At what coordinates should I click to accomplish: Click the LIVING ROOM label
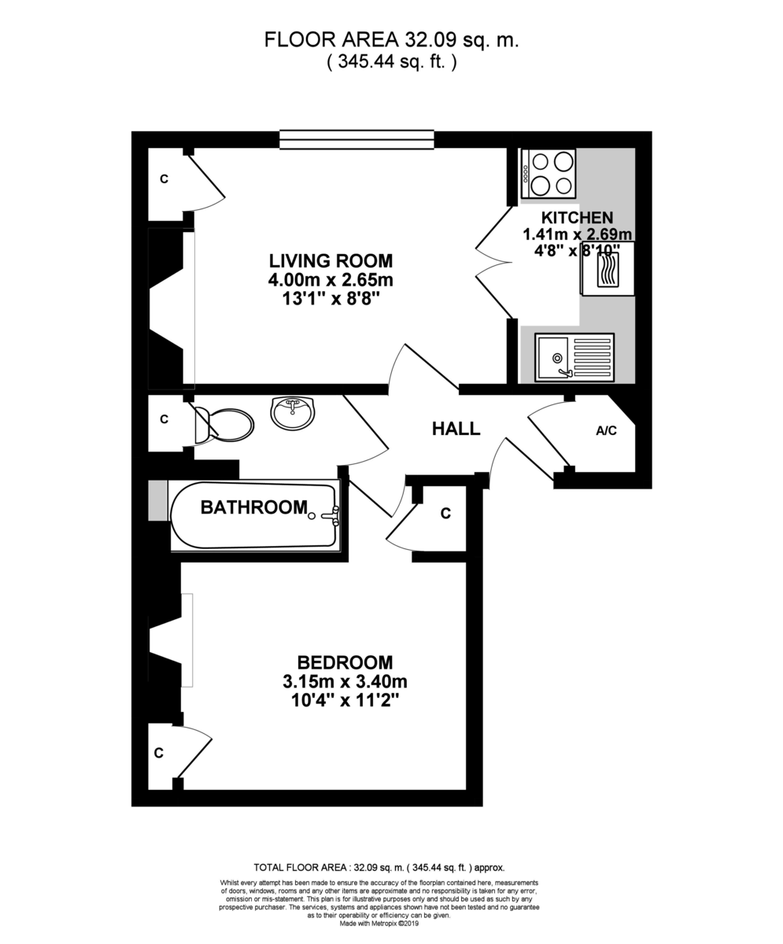pyautogui.click(x=331, y=260)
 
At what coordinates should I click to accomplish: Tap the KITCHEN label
pyautogui.click(x=577, y=217)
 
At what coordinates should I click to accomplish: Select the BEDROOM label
pyautogui.click(x=345, y=662)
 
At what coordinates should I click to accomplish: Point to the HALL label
pyautogui.click(x=456, y=429)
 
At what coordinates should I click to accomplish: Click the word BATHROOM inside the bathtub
pyautogui.click(x=253, y=507)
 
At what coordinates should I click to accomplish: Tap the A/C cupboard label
pyautogui.click(x=606, y=430)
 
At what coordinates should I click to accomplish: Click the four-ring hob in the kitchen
pyautogui.click(x=548, y=173)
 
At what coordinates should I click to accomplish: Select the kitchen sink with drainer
pyautogui.click(x=574, y=357)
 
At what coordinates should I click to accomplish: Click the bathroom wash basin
pyautogui.click(x=293, y=412)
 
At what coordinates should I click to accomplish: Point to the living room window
pyautogui.click(x=356, y=140)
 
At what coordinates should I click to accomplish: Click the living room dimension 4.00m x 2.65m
pyautogui.click(x=331, y=279)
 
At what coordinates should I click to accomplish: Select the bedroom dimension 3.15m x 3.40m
pyautogui.click(x=345, y=681)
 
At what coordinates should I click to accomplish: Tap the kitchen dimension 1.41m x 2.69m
pyautogui.click(x=578, y=234)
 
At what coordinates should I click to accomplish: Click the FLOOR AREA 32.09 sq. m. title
pyautogui.click(x=391, y=39)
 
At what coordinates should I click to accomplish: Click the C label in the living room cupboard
pyautogui.click(x=164, y=179)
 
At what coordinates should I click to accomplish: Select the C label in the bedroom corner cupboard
pyautogui.click(x=159, y=754)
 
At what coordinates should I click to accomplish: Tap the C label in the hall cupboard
pyautogui.click(x=445, y=514)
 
